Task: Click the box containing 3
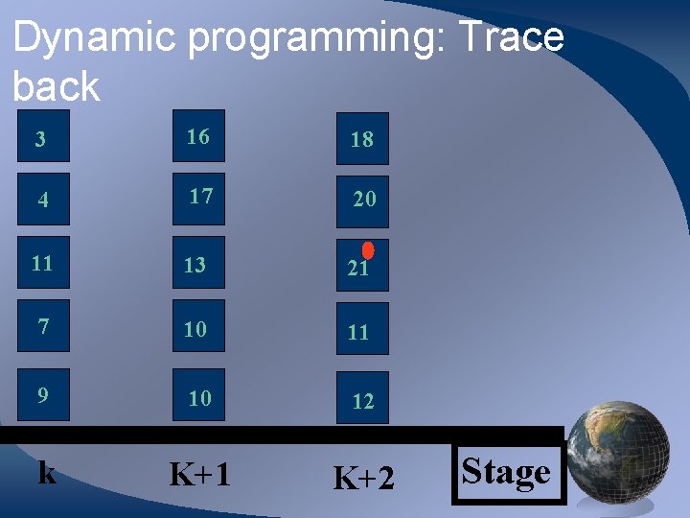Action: pyautogui.click(x=43, y=138)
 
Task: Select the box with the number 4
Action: pyautogui.click(x=43, y=200)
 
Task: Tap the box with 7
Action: pyautogui.click(x=43, y=326)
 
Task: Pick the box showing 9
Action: pyautogui.click(x=43, y=394)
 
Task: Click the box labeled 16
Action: pyautogui.click(x=198, y=136)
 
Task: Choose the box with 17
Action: pyautogui.click(x=198, y=198)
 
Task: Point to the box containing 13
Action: pyautogui.click(x=198, y=263)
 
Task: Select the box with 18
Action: pyautogui.click(x=362, y=138)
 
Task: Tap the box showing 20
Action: pyautogui.click(x=362, y=200)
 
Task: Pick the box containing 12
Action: pyautogui.click(x=362, y=399)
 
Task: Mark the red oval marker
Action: pyautogui.click(x=368, y=249)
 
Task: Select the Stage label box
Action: pyautogui.click(x=507, y=473)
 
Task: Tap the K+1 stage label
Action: pyautogui.click(x=199, y=474)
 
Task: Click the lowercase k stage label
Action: pyautogui.click(x=46, y=472)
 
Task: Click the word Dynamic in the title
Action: pyautogui.click(x=95, y=38)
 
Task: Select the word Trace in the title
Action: pyautogui.click(x=512, y=38)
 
